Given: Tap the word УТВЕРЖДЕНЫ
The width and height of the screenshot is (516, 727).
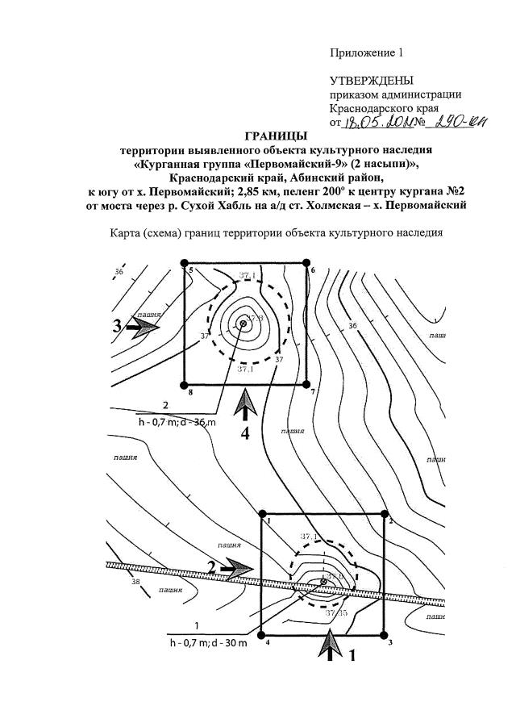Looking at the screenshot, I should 372,81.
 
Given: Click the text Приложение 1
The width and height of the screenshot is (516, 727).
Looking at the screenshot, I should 365,53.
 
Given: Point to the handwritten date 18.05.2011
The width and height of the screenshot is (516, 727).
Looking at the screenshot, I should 376,122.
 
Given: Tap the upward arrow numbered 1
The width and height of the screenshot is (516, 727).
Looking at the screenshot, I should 330,646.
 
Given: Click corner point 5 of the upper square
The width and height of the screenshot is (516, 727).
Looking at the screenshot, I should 185,263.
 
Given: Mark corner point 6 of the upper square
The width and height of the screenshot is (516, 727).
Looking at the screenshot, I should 306,262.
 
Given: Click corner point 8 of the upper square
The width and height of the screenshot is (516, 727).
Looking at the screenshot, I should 185,384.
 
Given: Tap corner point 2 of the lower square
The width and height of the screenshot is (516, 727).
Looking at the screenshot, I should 385,513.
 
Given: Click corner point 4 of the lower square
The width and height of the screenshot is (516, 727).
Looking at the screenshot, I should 262,635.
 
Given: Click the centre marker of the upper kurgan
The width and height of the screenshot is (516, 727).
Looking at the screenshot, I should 243,324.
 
